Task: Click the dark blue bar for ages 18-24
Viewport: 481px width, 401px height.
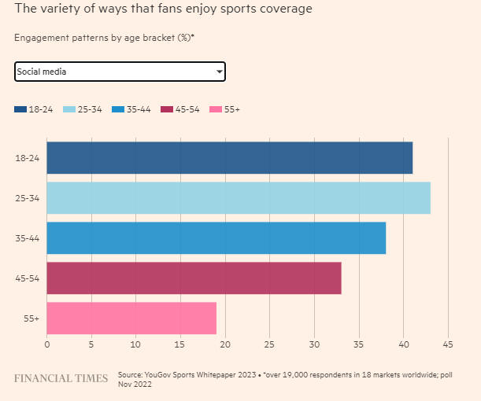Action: click(229, 157)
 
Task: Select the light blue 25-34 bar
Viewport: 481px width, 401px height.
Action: click(239, 198)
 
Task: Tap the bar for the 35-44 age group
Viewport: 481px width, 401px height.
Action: click(216, 238)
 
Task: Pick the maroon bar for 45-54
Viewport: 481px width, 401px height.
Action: click(194, 278)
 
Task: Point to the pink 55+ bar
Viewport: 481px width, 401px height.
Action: click(131, 318)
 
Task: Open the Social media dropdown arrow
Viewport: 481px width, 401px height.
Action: click(219, 72)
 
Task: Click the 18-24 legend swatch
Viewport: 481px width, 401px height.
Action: click(20, 109)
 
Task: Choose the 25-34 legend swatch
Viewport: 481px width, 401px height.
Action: click(68, 109)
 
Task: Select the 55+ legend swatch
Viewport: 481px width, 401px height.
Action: click(215, 109)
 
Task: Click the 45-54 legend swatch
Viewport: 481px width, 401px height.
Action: click(166, 109)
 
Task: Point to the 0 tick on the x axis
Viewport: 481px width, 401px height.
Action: click(47, 344)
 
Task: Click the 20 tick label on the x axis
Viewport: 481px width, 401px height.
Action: click(225, 344)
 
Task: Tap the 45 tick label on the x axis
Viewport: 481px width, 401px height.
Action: click(448, 344)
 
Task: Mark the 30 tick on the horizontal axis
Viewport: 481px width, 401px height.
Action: click(314, 344)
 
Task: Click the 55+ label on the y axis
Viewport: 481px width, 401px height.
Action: click(22, 318)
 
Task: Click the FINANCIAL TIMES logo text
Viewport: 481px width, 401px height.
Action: click(61, 379)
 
